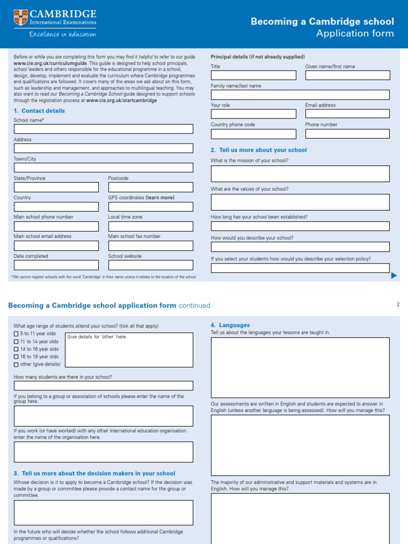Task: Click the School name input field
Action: point(104,129)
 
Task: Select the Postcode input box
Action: point(150,187)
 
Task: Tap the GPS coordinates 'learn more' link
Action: point(160,198)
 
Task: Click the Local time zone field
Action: point(150,226)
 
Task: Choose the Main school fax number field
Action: point(150,245)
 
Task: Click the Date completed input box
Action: point(56,265)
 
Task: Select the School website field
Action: point(150,265)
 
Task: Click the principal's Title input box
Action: point(253,75)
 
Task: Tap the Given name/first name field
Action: point(347,75)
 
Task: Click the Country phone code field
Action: point(253,133)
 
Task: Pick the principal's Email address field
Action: point(347,114)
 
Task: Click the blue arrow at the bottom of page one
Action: point(394,275)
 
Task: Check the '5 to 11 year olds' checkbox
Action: point(16,334)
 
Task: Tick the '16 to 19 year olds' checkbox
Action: point(16,357)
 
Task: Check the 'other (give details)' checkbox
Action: point(16,364)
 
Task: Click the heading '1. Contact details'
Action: point(39,111)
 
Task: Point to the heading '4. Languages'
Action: point(231,325)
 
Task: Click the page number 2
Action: point(397,305)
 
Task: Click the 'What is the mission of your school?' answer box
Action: point(300,174)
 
